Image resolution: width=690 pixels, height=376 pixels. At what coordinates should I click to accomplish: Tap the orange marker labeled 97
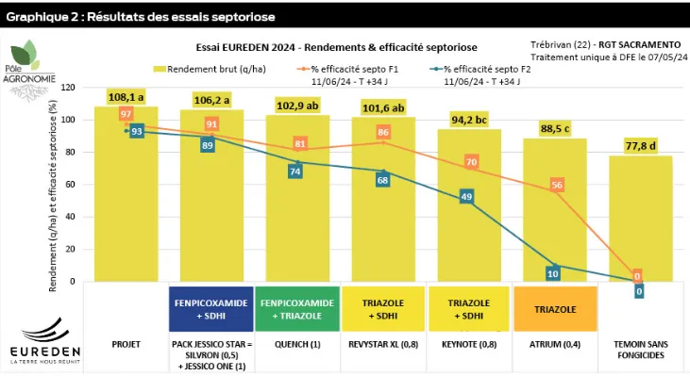coord(126,114)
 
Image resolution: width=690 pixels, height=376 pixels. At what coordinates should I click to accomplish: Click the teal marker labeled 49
coord(467,196)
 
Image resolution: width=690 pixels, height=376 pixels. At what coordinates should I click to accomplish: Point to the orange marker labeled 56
coord(557,186)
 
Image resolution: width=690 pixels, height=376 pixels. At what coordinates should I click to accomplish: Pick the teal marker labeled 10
coord(553,273)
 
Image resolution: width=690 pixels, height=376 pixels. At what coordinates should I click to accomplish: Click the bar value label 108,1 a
coord(126,97)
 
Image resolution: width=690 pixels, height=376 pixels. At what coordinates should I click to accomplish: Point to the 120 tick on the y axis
coord(66,87)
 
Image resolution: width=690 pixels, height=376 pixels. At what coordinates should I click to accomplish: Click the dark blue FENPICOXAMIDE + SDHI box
coord(210,306)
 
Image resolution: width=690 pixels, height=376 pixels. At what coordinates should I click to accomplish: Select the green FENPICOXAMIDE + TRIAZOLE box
coord(296,306)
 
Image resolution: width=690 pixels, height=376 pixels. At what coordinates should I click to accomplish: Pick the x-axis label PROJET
coord(126,344)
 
